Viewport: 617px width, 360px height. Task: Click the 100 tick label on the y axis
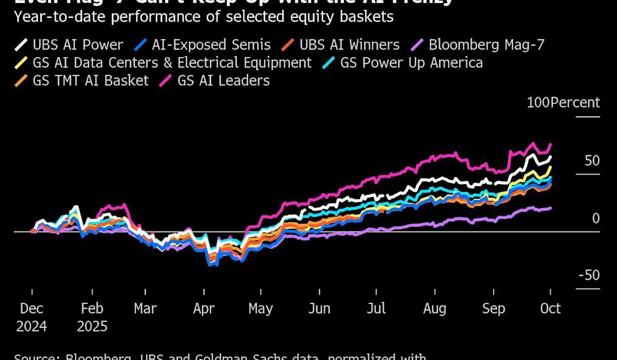click(538, 102)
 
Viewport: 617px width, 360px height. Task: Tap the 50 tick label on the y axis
click(592, 160)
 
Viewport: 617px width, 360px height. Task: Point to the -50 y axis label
click(589, 275)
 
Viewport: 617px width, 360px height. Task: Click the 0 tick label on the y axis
click(596, 218)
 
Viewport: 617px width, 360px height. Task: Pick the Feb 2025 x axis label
click(92, 317)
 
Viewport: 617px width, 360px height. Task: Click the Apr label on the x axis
click(204, 309)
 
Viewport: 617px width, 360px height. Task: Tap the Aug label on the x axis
click(434, 309)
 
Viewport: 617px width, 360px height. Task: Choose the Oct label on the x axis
click(550, 309)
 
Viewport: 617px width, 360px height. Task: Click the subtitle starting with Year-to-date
click(204, 16)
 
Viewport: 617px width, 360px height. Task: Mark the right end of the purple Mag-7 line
click(551, 208)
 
